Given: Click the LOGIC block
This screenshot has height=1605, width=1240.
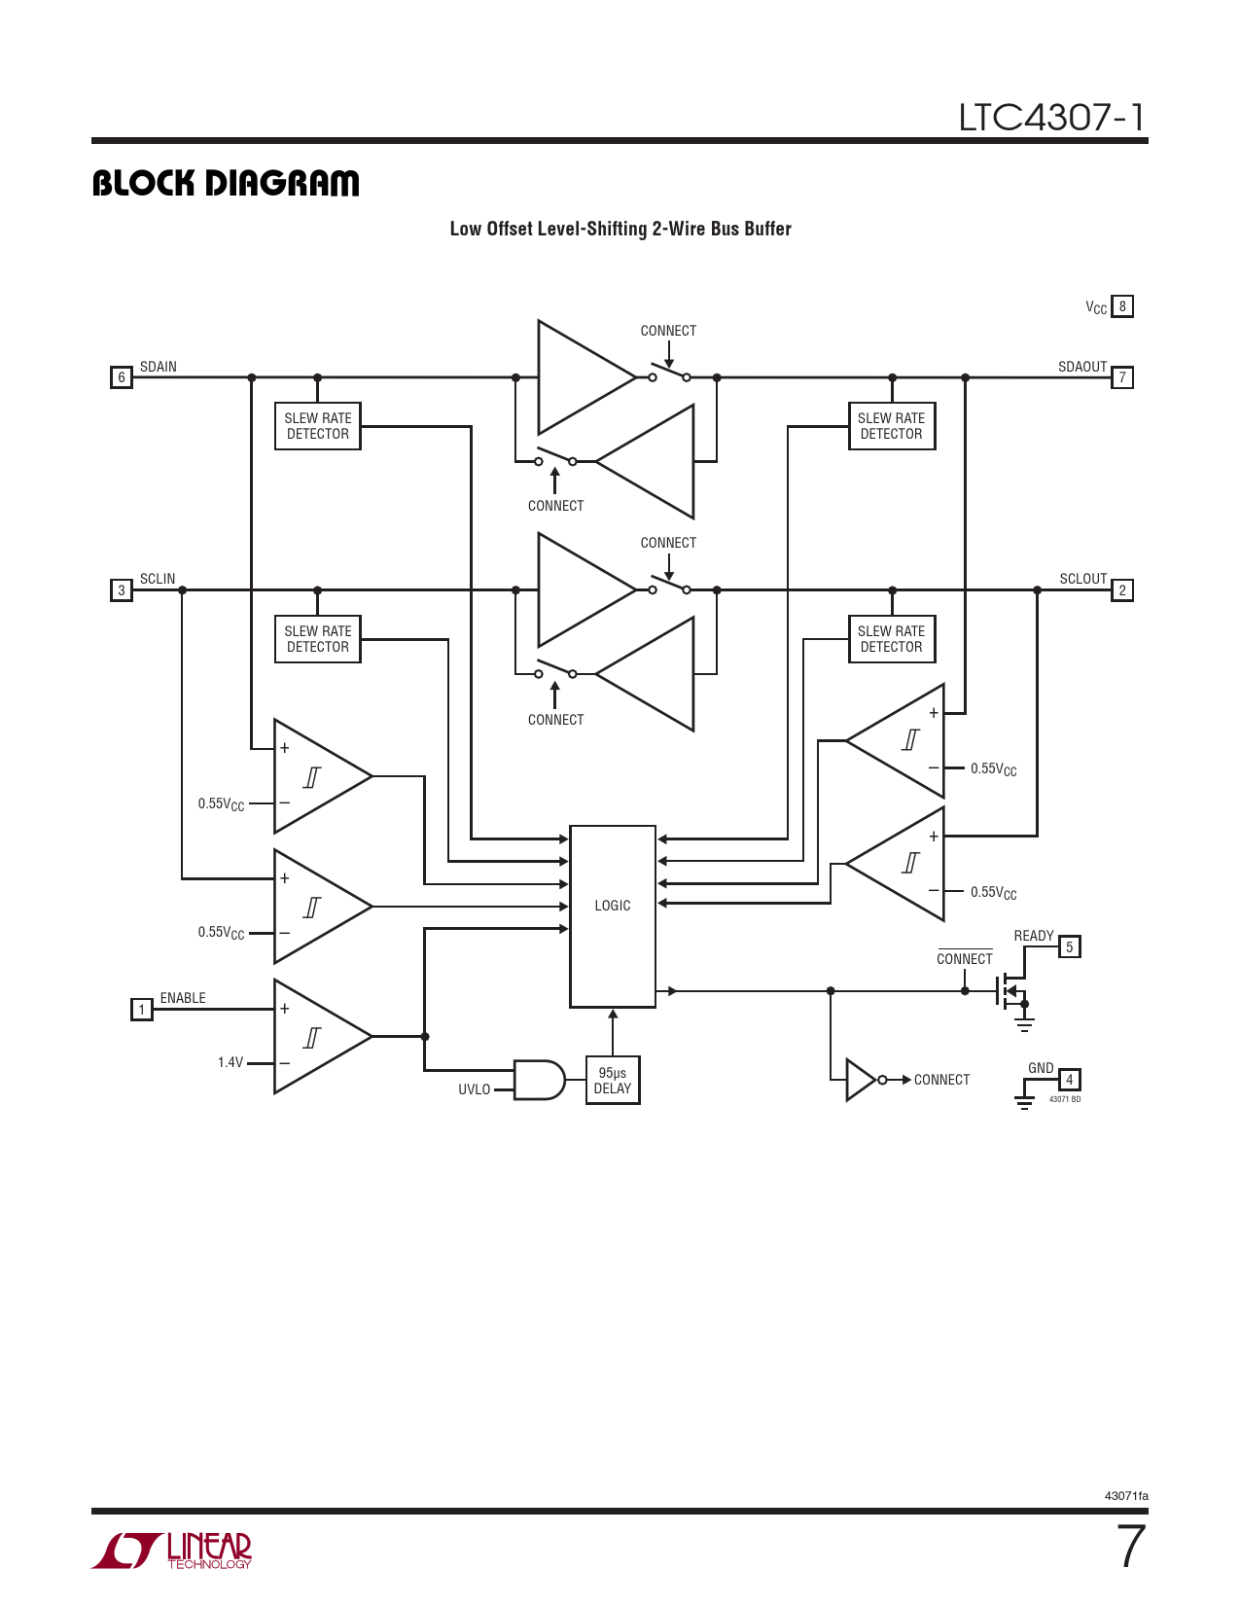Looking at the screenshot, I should (x=613, y=915).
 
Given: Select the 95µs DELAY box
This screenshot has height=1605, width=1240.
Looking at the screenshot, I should (x=613, y=1081).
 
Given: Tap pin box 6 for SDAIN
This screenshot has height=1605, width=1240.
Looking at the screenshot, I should (x=122, y=377).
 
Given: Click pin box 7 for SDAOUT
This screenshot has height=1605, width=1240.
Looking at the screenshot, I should (x=1122, y=377).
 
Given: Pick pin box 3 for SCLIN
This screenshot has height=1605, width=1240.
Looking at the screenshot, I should (x=122, y=590).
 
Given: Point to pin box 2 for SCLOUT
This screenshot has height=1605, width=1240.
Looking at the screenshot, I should (x=1122, y=590).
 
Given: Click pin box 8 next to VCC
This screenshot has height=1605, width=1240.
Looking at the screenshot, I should (x=1122, y=306).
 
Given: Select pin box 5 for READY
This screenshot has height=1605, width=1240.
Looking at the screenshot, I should (x=1069, y=946).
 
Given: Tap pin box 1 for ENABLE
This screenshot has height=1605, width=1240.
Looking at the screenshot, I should (x=142, y=1010).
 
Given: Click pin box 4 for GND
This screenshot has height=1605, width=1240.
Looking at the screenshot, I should (x=1069, y=1080).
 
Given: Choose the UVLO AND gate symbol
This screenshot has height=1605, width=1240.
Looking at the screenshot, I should (x=538, y=1080).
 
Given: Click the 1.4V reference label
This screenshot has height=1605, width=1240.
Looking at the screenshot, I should (x=230, y=1063).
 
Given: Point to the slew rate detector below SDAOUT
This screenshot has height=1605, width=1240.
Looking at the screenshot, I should (x=892, y=426).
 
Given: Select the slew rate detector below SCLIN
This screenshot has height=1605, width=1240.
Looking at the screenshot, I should (x=318, y=639).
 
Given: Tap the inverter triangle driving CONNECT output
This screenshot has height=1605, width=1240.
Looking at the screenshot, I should (x=862, y=1080).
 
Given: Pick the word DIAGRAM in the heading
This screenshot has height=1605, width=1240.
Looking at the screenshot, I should (x=283, y=183).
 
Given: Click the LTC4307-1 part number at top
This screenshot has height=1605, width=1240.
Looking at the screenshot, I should (x=1051, y=118).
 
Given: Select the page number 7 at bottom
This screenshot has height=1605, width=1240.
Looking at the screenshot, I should (x=1130, y=1547).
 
